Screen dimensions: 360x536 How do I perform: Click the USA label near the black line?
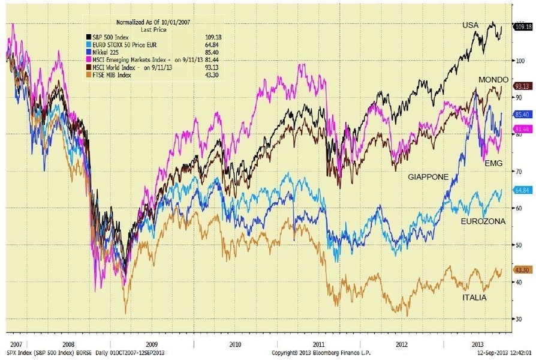click(x=471, y=25)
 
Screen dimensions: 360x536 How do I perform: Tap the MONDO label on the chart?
click(x=493, y=80)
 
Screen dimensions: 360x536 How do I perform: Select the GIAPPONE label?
click(x=429, y=178)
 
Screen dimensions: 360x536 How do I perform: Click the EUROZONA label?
click(x=483, y=221)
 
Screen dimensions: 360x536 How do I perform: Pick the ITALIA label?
click(x=474, y=298)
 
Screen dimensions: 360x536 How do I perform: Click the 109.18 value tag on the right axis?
click(x=523, y=26)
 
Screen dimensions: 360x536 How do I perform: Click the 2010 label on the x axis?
click(x=234, y=344)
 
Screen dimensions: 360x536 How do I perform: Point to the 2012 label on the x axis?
click(x=401, y=344)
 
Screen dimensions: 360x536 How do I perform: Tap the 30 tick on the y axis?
click(x=517, y=319)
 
